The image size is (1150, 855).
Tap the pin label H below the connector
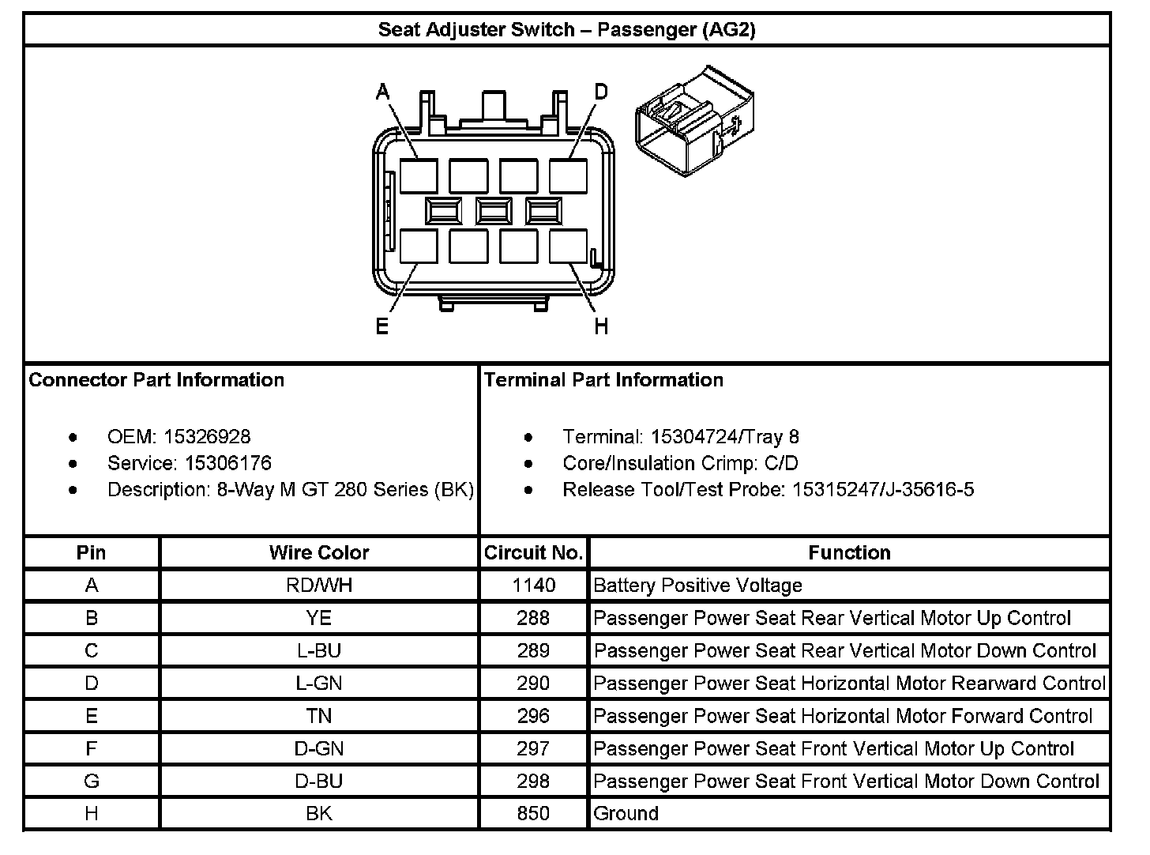[x=601, y=326]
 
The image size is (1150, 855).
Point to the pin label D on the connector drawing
[x=601, y=92]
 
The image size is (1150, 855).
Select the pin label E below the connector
[x=382, y=326]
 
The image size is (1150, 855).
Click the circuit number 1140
[x=533, y=585]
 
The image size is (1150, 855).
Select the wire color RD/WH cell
[x=319, y=585]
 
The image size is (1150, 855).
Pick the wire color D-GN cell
[x=319, y=748]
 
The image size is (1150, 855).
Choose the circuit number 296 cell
[x=533, y=716]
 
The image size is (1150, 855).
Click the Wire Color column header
[x=319, y=552]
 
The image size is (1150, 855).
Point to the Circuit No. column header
[x=533, y=552]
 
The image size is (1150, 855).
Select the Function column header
[x=849, y=552]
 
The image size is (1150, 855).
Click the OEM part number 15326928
[x=207, y=437]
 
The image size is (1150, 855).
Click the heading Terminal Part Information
[x=603, y=380]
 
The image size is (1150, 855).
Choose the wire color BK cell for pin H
[x=319, y=813]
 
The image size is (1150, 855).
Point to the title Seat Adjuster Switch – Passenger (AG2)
[x=566, y=30]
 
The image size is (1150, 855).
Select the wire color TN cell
[x=319, y=716]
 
